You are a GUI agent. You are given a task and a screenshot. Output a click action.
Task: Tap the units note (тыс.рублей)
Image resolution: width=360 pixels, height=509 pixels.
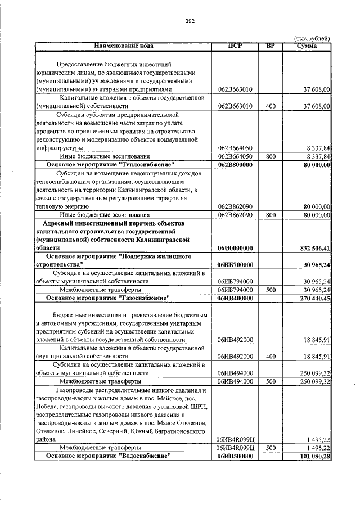[312, 38]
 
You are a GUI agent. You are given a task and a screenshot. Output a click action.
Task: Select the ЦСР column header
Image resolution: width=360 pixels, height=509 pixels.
[235, 46]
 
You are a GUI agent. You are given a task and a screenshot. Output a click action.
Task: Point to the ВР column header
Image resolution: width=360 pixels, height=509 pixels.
[271, 46]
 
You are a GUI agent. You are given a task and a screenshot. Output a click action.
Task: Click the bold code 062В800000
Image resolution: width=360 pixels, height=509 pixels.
[235, 164]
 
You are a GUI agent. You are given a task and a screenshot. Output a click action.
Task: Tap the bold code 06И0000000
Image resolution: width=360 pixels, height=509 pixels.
[235, 247]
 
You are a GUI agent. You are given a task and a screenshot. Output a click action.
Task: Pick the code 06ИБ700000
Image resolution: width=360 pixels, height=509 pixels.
[235, 264]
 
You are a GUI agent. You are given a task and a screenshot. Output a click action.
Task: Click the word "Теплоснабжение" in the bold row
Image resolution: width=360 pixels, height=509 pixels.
[143, 164]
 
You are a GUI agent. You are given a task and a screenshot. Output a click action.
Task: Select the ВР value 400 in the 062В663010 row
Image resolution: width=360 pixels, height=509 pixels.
[271, 106]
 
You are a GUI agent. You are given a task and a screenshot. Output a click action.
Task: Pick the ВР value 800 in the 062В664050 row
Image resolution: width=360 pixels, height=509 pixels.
[271, 156]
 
